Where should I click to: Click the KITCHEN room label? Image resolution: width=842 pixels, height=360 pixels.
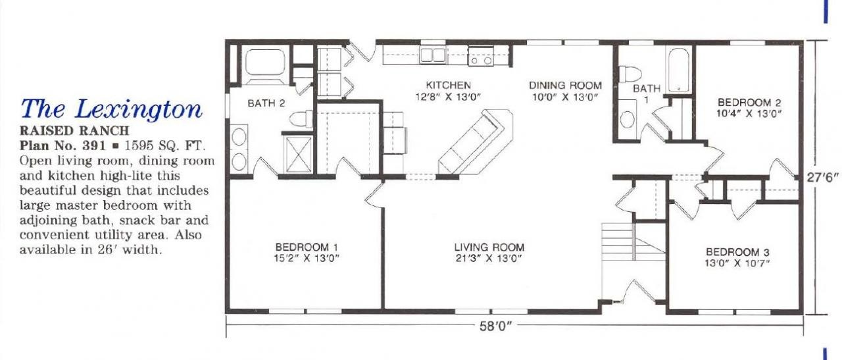448,86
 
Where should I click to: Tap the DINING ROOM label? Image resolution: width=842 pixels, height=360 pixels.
565,86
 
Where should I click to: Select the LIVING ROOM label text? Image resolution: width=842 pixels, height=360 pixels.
489,247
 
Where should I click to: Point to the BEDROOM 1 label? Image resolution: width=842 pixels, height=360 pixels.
307,247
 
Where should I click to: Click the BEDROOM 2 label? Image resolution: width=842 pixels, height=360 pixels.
749,102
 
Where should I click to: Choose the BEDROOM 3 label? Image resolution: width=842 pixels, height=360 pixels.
737,252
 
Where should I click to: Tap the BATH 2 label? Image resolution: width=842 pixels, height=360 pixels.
266,103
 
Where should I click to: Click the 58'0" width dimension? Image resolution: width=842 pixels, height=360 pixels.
496,326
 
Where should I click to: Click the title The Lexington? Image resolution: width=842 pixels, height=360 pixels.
112,109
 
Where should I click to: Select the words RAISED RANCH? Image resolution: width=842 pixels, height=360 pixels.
74,130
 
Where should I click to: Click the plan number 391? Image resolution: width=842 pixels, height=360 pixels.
94,145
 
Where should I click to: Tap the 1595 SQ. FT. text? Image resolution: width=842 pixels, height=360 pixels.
164,145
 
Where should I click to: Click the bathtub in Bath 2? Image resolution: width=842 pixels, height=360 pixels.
265,63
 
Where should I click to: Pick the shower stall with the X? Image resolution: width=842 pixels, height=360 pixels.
299,155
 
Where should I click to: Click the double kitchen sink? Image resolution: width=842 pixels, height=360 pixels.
433,55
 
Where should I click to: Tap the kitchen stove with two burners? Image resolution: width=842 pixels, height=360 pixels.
481,57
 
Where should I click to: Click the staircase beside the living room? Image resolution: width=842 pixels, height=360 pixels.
633,242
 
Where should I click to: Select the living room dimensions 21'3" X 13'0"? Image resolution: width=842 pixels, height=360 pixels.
489,259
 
